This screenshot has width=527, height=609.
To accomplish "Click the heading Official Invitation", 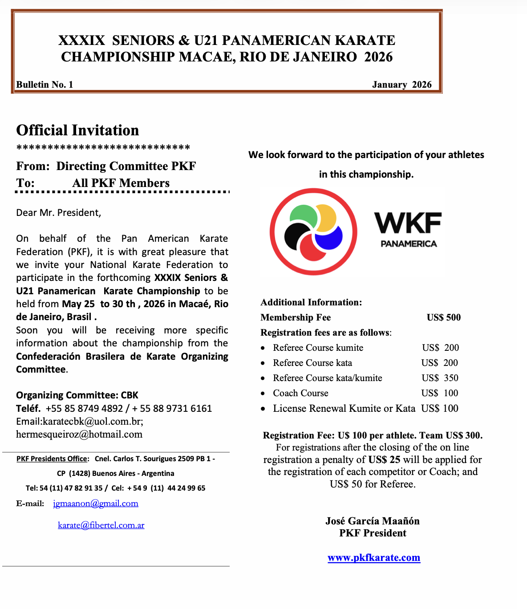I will [77, 130].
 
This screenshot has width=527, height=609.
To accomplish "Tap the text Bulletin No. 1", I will [45, 85].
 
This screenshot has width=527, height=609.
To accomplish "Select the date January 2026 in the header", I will [401, 85].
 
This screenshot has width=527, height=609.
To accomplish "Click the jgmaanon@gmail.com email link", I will [96, 503].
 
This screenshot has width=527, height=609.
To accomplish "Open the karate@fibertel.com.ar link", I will [101, 525].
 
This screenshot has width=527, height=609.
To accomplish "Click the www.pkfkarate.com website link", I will [374, 558].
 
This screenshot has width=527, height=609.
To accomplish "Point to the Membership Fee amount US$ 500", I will [443, 317].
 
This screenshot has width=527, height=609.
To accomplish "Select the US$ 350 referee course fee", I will [440, 378].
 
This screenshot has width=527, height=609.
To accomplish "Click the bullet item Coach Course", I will [300, 393].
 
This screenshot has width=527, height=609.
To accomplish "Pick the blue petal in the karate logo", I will [330, 237].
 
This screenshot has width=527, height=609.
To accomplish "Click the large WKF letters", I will [408, 223].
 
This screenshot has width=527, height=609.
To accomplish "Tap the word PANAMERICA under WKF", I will [409, 244].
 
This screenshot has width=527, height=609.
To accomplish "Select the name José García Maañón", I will [373, 521].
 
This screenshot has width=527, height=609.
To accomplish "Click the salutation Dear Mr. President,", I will [59, 213].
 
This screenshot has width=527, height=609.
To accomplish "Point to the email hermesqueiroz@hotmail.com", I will [79, 434].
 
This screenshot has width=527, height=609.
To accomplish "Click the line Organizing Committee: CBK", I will [77, 395].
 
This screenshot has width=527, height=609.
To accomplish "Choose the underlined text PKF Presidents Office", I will [52, 459].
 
